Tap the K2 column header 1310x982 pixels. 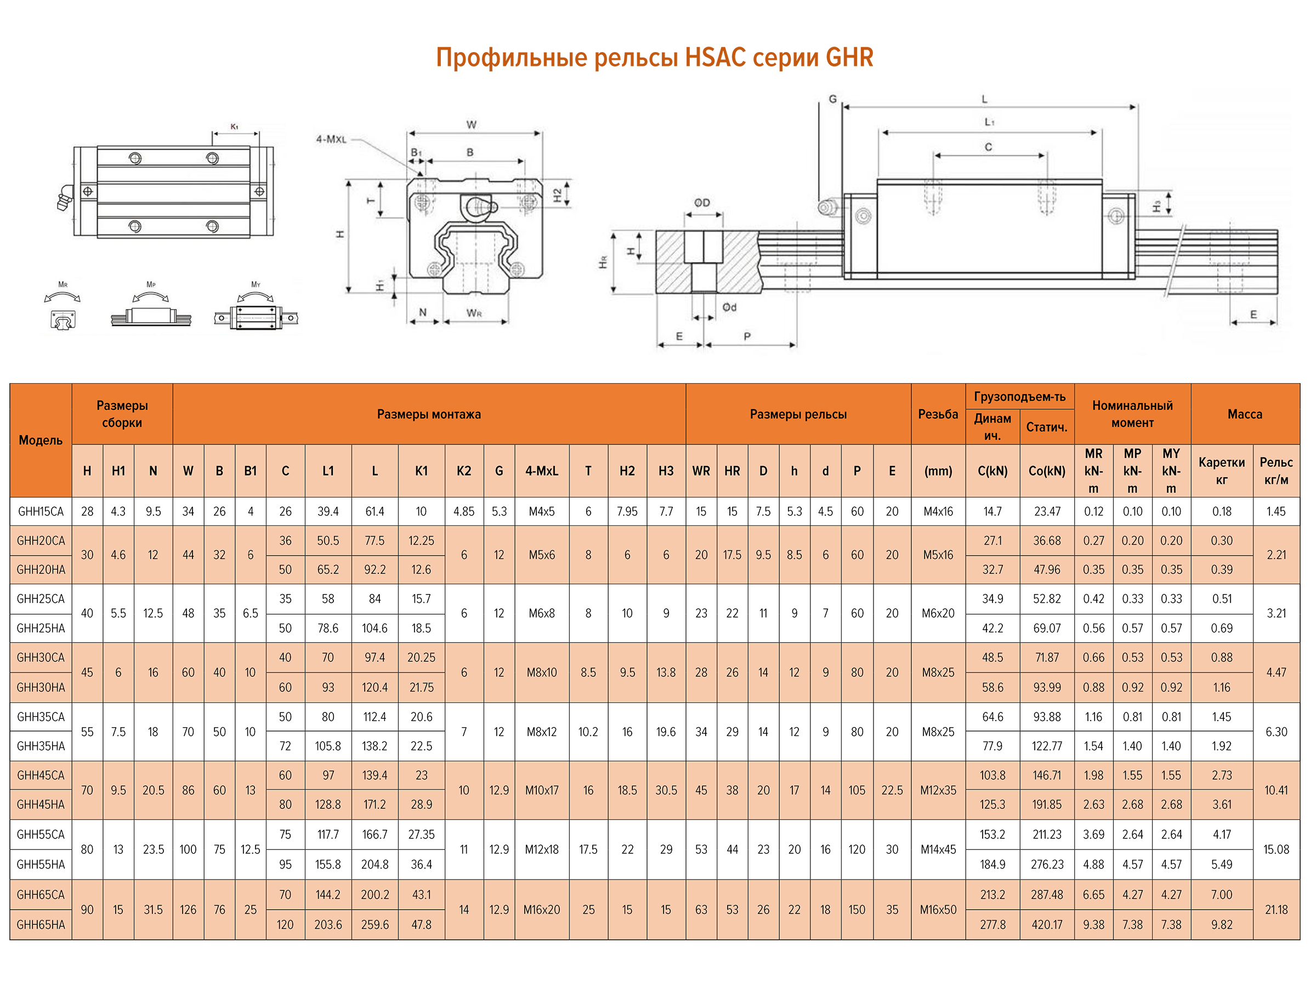pos(464,471)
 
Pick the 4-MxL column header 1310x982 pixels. pos(541,471)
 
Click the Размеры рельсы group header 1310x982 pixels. pos(798,414)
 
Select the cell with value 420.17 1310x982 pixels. pos(1046,924)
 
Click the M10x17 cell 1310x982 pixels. pos(541,790)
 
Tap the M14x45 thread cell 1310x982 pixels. pos(938,849)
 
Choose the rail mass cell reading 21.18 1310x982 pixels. pos(1275,910)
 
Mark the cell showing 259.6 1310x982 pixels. pos(375,924)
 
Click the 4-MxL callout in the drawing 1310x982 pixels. pos(331,140)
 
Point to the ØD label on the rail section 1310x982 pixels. pos(702,203)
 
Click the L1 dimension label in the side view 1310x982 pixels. pos(989,122)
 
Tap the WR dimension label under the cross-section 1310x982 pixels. pos(474,313)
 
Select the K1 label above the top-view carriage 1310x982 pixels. pos(235,127)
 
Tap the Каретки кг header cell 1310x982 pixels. pos(1221,471)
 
